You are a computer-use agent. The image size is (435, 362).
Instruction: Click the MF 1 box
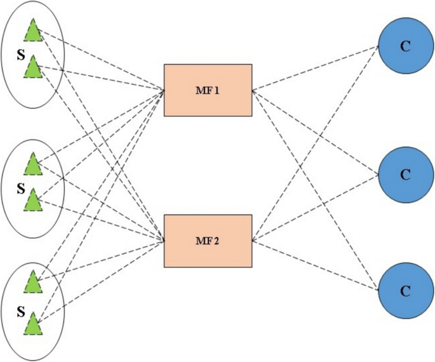click(x=208, y=90)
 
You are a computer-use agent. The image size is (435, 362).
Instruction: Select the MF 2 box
click(x=208, y=241)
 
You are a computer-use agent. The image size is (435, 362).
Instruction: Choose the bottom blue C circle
click(x=405, y=290)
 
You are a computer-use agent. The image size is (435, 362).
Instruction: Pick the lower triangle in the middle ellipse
click(x=32, y=202)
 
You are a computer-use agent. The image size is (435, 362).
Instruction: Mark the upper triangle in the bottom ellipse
click(x=32, y=282)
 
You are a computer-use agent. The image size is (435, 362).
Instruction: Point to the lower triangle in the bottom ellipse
click(x=32, y=326)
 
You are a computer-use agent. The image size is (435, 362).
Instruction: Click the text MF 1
click(x=208, y=90)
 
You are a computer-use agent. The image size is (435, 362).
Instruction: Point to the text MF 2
click(x=208, y=241)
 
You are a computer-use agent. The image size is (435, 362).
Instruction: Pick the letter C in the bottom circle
click(x=405, y=291)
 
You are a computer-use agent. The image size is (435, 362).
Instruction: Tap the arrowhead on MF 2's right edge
click(x=255, y=241)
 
